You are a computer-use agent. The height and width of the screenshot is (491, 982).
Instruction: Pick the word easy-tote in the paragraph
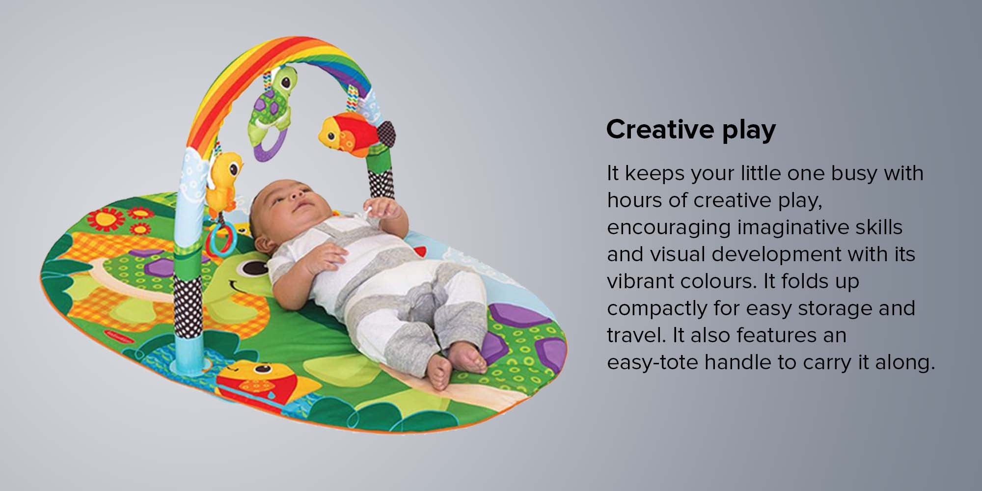(653, 362)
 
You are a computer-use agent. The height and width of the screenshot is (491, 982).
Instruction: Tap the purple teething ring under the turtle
(267, 147)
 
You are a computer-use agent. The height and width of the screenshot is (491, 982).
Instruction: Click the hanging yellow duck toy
(223, 179)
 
